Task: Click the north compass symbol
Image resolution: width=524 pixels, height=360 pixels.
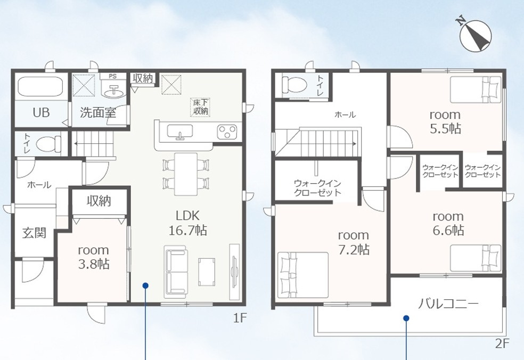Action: (x=475, y=36)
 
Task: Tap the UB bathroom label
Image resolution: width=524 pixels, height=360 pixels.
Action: (x=41, y=113)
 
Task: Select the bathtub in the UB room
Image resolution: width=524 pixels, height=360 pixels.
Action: (x=40, y=87)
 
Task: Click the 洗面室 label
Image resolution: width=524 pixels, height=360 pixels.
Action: (x=98, y=113)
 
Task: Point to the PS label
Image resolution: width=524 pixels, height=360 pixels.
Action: (x=113, y=76)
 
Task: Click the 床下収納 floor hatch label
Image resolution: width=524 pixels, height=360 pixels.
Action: (x=201, y=107)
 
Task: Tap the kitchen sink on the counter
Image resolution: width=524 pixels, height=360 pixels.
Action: (x=180, y=132)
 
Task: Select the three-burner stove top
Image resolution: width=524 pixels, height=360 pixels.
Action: (x=227, y=132)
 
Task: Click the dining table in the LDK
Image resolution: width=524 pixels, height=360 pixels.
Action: (x=186, y=174)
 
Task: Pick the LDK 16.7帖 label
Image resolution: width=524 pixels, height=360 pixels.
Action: (x=188, y=223)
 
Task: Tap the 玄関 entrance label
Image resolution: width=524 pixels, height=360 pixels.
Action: (x=34, y=233)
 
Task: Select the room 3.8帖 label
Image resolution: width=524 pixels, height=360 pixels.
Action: (x=94, y=257)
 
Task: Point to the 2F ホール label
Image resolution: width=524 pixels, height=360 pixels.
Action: (x=345, y=115)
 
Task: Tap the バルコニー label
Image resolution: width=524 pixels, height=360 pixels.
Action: (x=448, y=304)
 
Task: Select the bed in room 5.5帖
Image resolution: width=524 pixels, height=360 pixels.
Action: (x=476, y=89)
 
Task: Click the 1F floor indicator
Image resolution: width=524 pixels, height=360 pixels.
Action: (x=240, y=318)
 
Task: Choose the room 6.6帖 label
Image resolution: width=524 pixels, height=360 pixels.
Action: (x=448, y=223)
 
